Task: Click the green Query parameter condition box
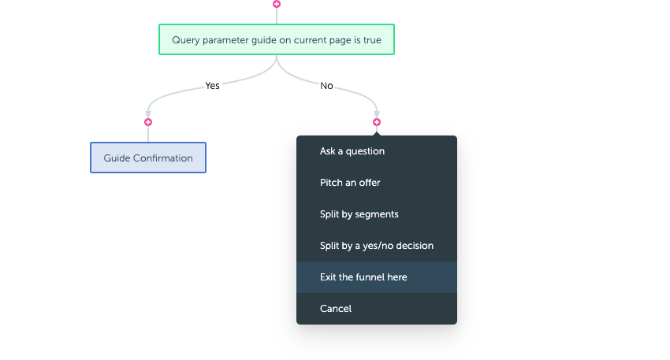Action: (277, 39)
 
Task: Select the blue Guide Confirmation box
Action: (148, 158)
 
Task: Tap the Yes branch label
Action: (212, 85)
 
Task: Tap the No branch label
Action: (326, 86)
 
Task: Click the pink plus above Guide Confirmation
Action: (148, 122)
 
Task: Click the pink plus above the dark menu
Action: (377, 122)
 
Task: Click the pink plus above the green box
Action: (277, 4)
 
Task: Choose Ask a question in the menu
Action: (352, 151)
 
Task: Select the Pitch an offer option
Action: (350, 183)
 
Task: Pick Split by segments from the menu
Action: (359, 214)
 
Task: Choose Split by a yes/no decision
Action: (377, 246)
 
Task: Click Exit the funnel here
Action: (363, 277)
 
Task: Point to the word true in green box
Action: (372, 40)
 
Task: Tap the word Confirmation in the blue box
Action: (163, 158)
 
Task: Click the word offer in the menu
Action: (370, 183)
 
